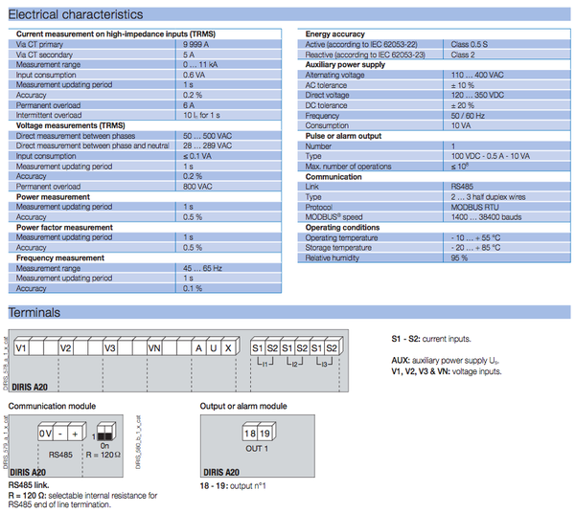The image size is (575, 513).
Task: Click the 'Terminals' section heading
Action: pos(34,313)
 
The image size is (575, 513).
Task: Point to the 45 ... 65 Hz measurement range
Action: pos(203,268)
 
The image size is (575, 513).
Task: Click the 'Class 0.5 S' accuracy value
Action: pos(471,44)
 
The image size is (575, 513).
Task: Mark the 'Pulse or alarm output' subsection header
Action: pos(343,136)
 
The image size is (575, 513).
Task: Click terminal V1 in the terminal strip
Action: pos(22,347)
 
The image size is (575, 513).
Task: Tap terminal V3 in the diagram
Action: pos(110,347)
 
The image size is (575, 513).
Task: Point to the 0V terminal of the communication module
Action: pos(45,433)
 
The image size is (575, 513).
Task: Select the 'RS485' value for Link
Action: pos(462,187)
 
